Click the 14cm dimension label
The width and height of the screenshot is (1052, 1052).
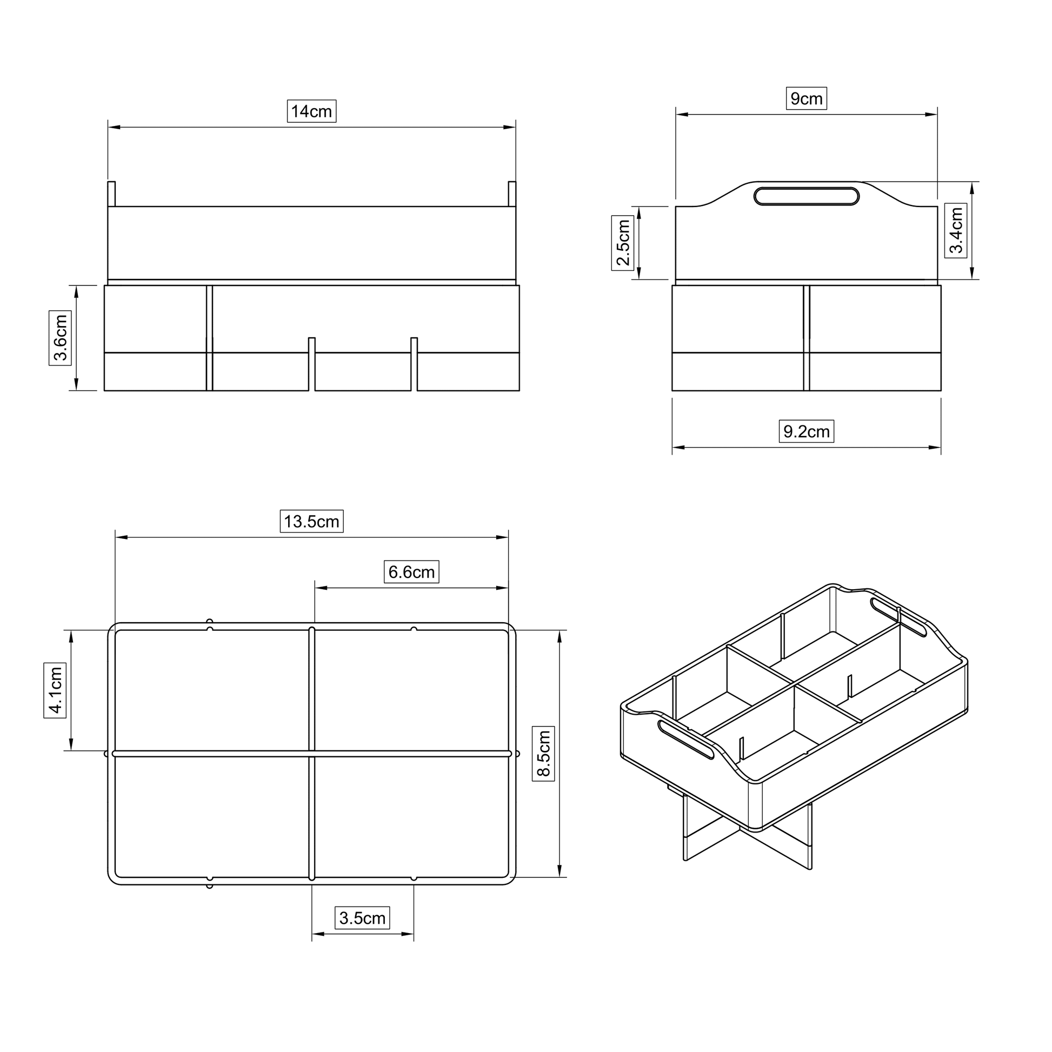(x=311, y=111)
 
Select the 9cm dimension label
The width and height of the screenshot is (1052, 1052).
(x=806, y=98)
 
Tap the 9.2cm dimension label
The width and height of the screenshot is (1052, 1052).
(x=806, y=432)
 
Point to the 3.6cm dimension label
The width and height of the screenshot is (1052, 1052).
(x=61, y=337)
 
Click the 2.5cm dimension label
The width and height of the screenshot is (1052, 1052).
(x=623, y=243)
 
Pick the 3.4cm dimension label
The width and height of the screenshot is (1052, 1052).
(x=956, y=231)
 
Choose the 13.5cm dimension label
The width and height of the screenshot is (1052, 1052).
(x=311, y=522)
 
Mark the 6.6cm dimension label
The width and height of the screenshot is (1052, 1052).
(x=411, y=572)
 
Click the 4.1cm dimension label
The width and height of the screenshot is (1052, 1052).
(x=55, y=690)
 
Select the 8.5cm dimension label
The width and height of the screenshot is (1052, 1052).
(x=543, y=754)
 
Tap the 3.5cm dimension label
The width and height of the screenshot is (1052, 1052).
(x=362, y=918)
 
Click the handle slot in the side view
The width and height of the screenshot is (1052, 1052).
(x=806, y=196)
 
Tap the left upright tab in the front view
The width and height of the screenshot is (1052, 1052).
(x=111, y=194)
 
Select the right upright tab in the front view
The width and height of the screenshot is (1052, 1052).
(x=512, y=194)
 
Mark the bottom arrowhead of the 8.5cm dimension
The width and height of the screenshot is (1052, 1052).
(x=560, y=871)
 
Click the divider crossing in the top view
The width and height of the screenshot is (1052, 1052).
(x=312, y=754)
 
